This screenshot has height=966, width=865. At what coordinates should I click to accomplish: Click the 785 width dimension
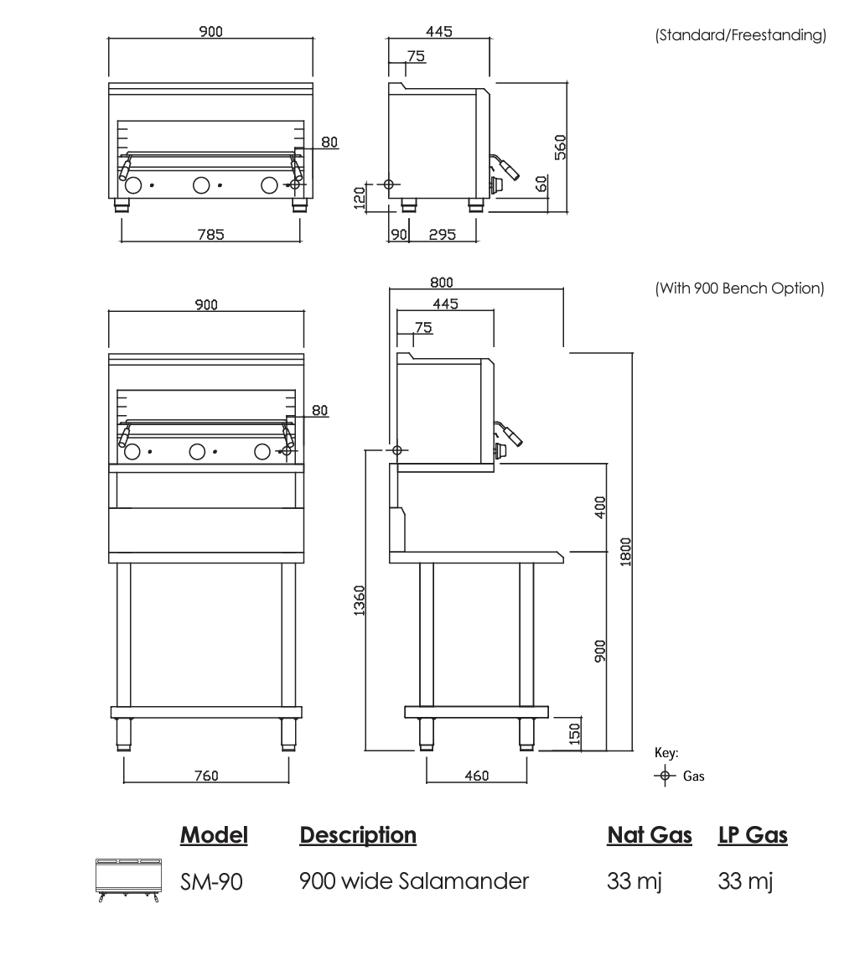click(210, 234)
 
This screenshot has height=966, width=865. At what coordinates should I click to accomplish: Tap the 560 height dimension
click(560, 148)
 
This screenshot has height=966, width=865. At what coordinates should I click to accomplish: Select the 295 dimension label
click(442, 234)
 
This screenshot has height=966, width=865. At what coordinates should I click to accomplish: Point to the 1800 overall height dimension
click(625, 552)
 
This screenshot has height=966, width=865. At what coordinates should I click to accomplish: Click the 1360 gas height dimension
click(360, 600)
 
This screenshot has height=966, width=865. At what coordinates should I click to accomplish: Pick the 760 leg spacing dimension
click(206, 775)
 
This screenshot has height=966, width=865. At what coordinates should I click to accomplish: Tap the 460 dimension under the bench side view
click(477, 775)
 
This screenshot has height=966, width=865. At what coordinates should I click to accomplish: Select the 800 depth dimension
click(442, 282)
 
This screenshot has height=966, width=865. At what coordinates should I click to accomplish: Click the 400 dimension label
click(600, 507)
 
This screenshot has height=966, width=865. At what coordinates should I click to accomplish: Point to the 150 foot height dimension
click(574, 734)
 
